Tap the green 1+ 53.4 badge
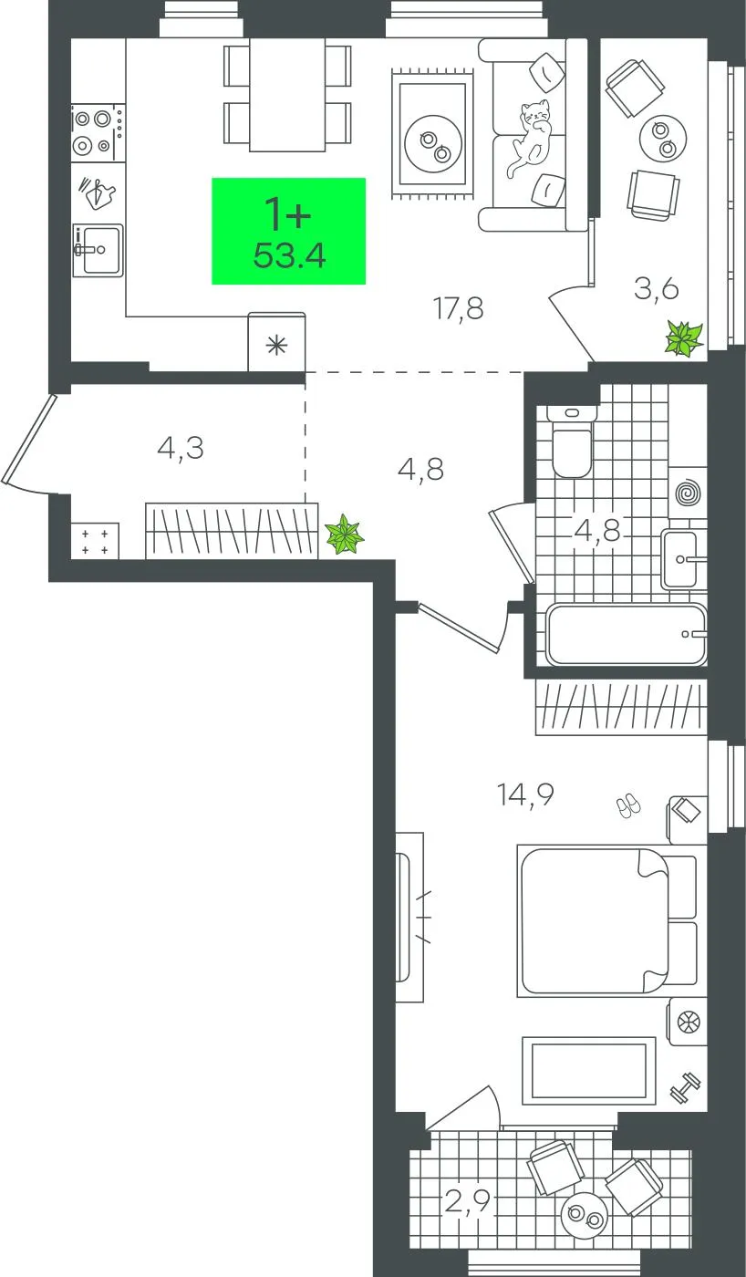click(x=288, y=231)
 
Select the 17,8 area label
click(x=459, y=309)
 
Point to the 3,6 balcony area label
click(x=656, y=289)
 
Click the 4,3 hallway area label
click(x=181, y=449)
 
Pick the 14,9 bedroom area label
click(x=525, y=794)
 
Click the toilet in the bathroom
click(x=572, y=441)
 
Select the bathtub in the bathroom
click(x=627, y=634)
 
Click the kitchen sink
click(x=98, y=250)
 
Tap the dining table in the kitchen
click(x=287, y=95)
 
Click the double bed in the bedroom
click(x=607, y=920)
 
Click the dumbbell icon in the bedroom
click(x=685, y=1087)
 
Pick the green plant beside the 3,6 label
click(x=685, y=338)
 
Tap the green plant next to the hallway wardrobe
click(x=344, y=535)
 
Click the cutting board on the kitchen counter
click(x=98, y=192)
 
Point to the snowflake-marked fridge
click(x=276, y=342)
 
